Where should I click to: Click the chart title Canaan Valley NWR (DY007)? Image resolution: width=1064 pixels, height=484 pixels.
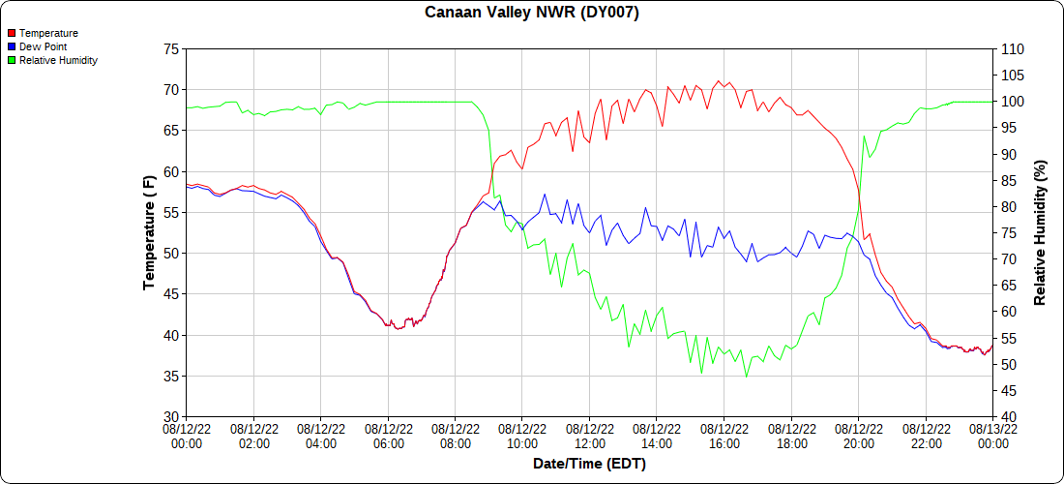coord(532,13)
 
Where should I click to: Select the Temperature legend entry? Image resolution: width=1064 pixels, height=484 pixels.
coord(48,33)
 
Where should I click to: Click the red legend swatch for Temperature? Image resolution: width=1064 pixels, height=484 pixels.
coord(12,33)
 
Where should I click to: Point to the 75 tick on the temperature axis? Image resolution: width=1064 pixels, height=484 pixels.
coord(170,48)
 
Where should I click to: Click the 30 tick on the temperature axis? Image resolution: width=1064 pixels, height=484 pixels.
coord(170,417)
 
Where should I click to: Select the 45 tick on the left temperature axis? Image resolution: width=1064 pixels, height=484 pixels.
coord(170,294)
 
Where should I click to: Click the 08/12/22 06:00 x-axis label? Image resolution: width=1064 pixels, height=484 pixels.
coord(389,436)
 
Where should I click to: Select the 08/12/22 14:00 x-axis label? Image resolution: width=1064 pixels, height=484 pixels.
coord(658,436)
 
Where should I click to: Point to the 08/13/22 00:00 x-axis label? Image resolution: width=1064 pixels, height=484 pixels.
coord(992,436)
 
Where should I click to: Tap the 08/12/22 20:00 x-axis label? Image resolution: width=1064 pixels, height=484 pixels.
coord(859,436)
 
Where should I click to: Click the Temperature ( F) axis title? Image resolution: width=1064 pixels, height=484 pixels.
coord(149,232)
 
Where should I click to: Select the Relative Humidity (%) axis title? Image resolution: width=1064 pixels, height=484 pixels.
coord(1040,232)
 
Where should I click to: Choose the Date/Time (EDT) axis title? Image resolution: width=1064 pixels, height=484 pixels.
coord(589,464)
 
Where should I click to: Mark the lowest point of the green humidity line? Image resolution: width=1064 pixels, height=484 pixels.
coord(746,377)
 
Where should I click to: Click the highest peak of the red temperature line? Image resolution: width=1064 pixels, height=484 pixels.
coord(718,80)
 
